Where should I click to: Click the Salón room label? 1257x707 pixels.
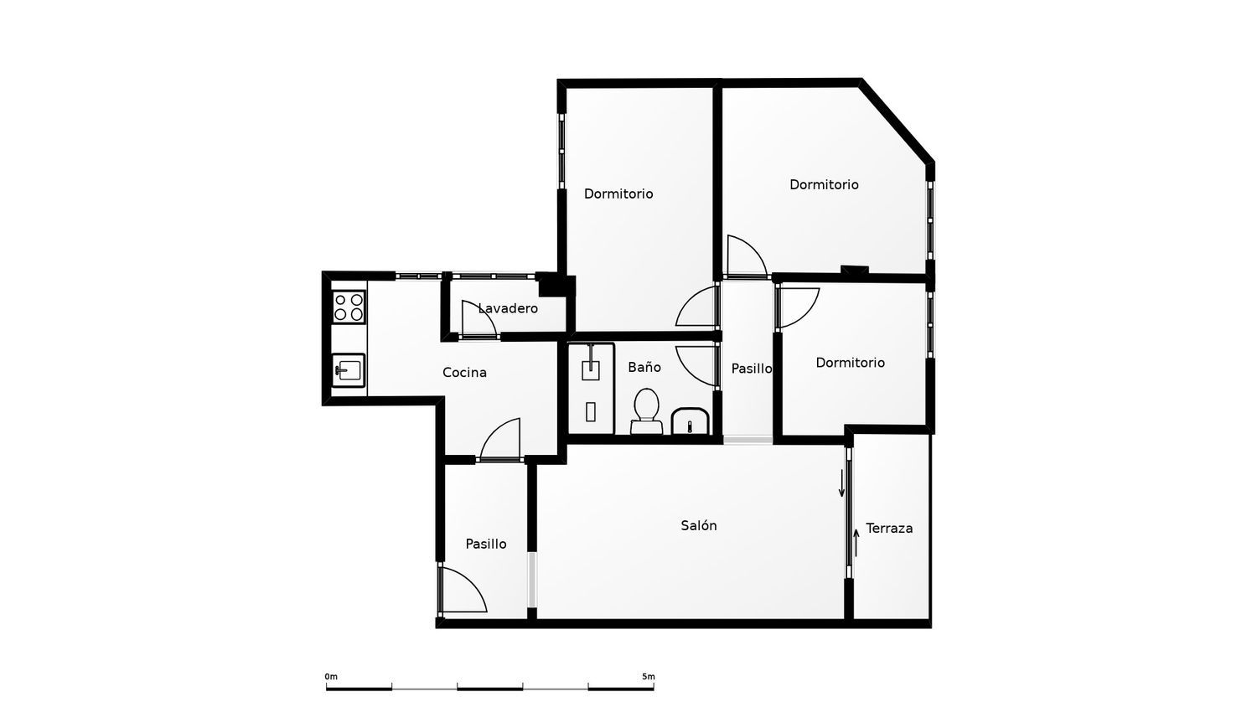pos(699,526)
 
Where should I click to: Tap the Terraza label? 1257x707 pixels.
pos(889,528)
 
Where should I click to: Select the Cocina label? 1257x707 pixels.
pos(464,373)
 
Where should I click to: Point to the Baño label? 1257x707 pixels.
pos(644,367)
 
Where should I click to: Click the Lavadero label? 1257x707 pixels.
pos(508,308)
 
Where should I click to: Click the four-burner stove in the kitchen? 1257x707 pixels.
pos(349,307)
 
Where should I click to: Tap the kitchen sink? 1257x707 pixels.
pos(349,370)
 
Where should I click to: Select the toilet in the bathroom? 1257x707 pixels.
pos(646,411)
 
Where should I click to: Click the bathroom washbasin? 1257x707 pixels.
pos(690,421)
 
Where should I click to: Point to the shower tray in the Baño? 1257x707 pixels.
pos(591,389)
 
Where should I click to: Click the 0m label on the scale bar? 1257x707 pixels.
pos(331,677)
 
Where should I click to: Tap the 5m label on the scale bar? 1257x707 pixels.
pos(648,677)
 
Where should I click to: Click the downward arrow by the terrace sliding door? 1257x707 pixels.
pos(841,483)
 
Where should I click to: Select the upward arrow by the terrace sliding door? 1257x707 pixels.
pos(856,542)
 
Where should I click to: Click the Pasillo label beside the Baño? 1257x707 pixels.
pos(752,369)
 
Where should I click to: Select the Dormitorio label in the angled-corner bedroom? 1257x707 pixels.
pos(824,184)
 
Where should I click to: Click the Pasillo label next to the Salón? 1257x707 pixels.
pos(486,544)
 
